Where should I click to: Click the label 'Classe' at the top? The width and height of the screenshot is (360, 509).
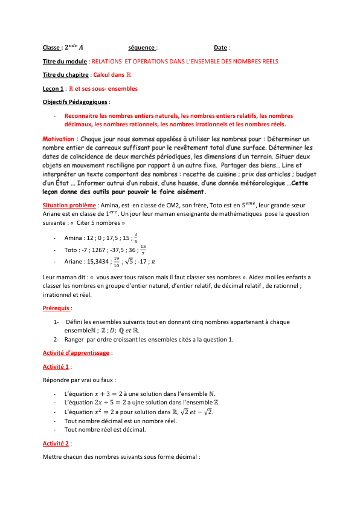[x=51, y=48]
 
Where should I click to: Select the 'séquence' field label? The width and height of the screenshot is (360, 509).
[x=142, y=48]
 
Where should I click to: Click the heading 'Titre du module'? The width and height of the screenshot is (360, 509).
[x=65, y=62]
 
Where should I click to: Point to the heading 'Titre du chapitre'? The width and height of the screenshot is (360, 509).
[x=66, y=75]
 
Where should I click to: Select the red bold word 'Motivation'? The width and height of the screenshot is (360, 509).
[x=59, y=139]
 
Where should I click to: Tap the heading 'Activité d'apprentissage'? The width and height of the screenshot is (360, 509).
[x=76, y=352]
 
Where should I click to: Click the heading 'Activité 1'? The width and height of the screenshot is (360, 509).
[x=57, y=366]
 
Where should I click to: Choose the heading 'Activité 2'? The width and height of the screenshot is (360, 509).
[x=57, y=444]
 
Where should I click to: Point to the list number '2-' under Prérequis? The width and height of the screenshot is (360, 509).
[x=57, y=339]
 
